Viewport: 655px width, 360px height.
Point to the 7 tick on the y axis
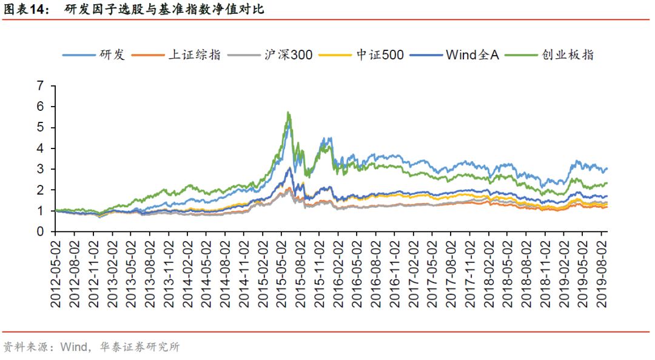point(41,86)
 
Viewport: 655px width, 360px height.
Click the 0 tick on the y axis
point(41,232)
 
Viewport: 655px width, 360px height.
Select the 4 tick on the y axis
point(41,148)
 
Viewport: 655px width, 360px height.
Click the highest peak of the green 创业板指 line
point(288,112)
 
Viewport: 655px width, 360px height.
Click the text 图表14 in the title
point(25,10)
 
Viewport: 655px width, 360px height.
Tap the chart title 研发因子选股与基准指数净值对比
point(164,10)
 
